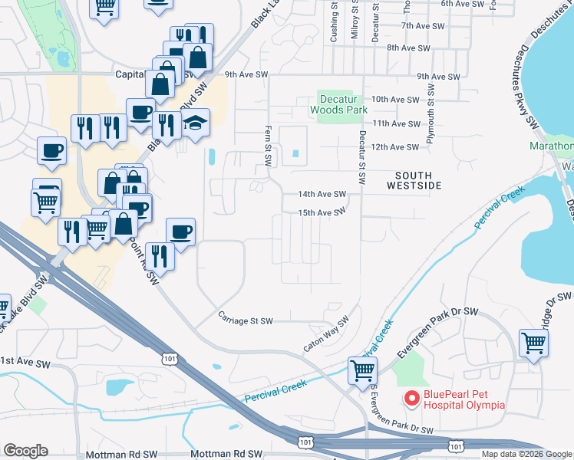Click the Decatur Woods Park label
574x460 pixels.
[x=339, y=104]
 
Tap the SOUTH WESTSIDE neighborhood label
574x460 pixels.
[x=414, y=180]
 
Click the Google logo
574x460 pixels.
[x=25, y=451]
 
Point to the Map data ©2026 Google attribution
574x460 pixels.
[x=527, y=454]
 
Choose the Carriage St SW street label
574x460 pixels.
[x=245, y=321]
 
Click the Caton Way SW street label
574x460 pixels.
[x=325, y=335]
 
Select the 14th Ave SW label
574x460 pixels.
[x=322, y=195]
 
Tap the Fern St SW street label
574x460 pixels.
[x=269, y=146]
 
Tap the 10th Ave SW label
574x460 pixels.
[x=395, y=100]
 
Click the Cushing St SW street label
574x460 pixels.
[x=334, y=19]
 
